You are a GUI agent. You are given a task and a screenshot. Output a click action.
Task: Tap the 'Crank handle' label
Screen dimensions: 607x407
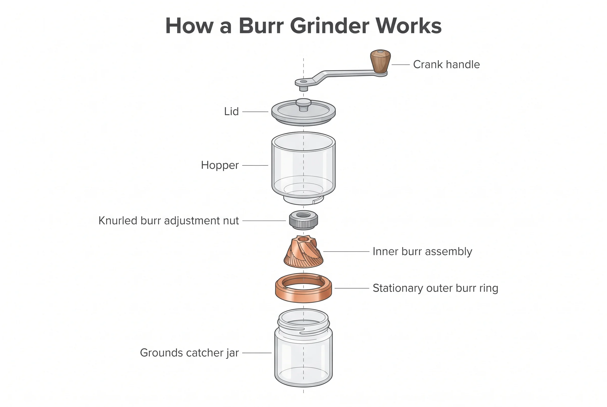pos(446,64)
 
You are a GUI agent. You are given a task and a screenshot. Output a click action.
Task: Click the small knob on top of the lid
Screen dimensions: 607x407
pos(303,105)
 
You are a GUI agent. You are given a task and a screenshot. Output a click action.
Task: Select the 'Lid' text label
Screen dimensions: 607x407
pos(231,112)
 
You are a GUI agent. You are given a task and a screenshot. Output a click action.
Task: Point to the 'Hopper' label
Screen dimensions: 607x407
pos(220,165)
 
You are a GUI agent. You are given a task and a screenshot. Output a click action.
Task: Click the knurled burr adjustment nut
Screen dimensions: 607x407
pos(303,220)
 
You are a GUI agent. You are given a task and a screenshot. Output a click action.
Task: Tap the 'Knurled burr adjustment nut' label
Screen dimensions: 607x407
pos(168,221)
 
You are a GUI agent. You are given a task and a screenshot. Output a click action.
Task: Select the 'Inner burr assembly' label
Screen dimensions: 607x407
pos(422,252)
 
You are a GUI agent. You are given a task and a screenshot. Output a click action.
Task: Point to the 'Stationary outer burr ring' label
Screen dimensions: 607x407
pos(435,288)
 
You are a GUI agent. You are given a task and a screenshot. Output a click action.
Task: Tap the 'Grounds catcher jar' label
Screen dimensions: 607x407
pos(189,353)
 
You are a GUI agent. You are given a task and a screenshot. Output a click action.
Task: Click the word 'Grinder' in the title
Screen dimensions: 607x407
pos(330,26)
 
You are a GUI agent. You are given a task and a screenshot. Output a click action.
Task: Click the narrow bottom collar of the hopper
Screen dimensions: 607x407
pos(303,200)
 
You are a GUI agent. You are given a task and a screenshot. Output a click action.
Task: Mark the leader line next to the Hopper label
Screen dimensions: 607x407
pos(255,165)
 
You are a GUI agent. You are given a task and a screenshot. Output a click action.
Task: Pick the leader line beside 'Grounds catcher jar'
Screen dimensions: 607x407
pos(257,353)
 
